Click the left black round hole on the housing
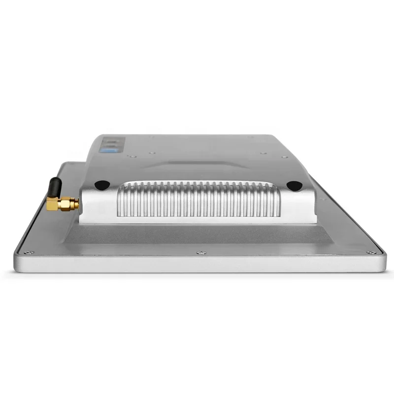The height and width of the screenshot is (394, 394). coord(101,185)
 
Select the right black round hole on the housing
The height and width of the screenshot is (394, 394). coord(294,186)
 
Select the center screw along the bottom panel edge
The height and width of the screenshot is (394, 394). coord(200,253)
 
